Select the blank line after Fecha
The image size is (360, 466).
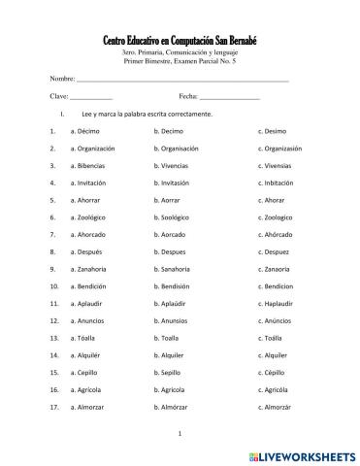pyautogui.click(x=230, y=98)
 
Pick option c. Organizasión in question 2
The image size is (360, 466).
pyautogui.click(x=280, y=149)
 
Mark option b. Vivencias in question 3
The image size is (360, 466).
pyautogui.click(x=177, y=166)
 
